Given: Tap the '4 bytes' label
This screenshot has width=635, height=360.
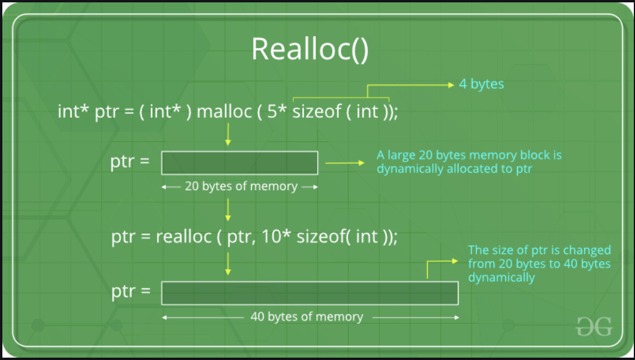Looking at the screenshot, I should coord(481,84).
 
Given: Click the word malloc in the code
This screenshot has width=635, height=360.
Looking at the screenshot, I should coord(223,111).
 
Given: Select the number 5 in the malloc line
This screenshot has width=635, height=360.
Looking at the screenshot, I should coord(272,111).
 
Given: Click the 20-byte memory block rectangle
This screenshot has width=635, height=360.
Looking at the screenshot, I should coord(239,163).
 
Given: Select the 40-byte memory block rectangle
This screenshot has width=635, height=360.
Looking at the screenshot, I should coord(310,292).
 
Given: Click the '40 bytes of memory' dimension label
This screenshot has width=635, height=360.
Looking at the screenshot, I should coord(306,317).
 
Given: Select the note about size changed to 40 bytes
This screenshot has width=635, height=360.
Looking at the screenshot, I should coord(539,263).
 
